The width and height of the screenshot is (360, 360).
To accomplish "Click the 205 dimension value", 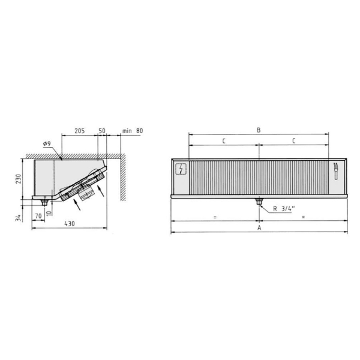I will [79, 130].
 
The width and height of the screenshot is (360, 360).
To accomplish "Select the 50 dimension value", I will [101, 130].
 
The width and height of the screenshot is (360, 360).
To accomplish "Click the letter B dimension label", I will [258, 129].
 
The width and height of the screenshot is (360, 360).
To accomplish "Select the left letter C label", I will [223, 140].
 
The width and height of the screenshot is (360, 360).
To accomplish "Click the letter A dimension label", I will [259, 229].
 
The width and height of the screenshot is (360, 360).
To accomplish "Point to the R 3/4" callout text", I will [284, 209].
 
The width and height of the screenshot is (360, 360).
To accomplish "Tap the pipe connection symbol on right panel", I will [337, 170].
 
